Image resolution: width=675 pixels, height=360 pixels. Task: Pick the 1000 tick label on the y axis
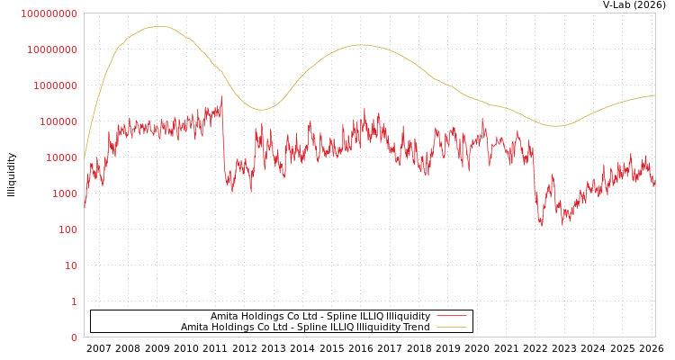(62, 193)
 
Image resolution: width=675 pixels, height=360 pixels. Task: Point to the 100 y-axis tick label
(65, 229)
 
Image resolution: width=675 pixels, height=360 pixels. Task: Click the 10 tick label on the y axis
(68, 265)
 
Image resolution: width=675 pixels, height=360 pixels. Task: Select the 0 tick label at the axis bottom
(74, 337)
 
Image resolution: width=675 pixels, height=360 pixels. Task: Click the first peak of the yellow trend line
(158, 27)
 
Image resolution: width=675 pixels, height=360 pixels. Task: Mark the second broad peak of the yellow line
(362, 45)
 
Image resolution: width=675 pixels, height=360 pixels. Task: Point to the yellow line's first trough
(261, 110)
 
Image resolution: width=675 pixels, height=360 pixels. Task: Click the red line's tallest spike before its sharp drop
(221, 96)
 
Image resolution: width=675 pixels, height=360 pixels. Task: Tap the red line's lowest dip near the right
(541, 224)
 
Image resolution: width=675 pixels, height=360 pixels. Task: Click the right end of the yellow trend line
(654, 95)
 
